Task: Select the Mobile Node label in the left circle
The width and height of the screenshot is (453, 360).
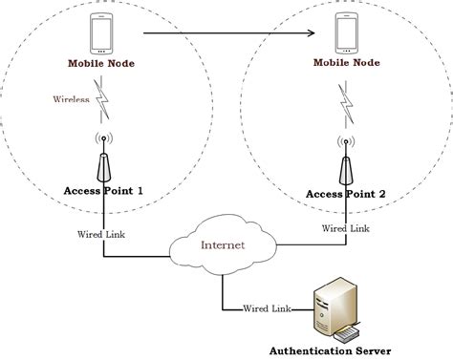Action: (x=101, y=66)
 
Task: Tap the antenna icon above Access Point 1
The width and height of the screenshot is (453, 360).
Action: (x=101, y=158)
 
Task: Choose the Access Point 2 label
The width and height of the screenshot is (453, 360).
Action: (x=345, y=194)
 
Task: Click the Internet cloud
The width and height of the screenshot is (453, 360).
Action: (x=223, y=244)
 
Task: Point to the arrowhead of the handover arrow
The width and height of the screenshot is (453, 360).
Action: (x=311, y=35)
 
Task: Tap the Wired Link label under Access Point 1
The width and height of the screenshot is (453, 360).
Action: (x=100, y=233)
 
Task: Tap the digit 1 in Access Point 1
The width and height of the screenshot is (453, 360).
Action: (x=140, y=189)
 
